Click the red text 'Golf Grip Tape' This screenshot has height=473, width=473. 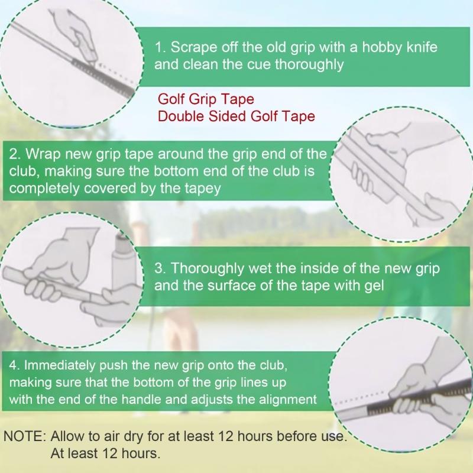tap(206, 99)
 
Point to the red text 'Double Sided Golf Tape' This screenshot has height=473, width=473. tap(236, 116)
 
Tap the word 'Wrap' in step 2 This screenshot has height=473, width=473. tap(38, 154)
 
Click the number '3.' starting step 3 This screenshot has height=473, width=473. tap(160, 268)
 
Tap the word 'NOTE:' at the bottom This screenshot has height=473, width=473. tap(25, 437)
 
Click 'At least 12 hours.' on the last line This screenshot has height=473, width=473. tap(105, 454)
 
